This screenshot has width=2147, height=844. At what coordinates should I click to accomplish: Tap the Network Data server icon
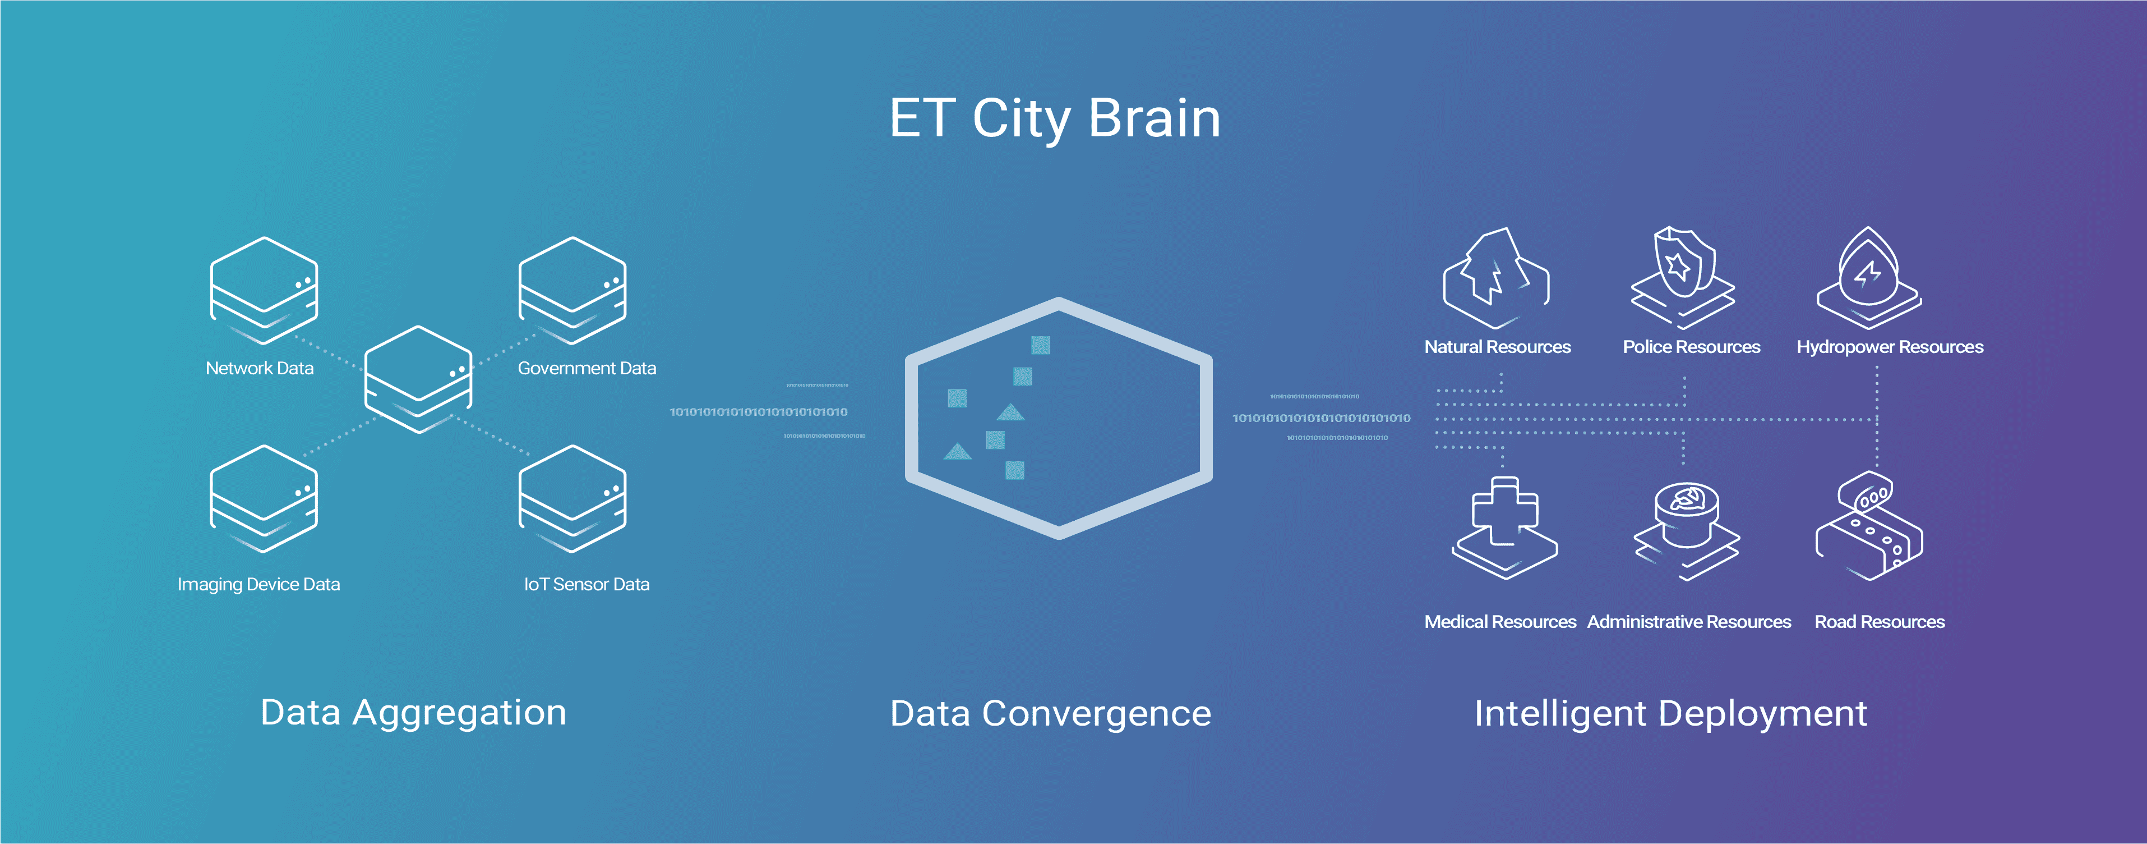(264, 290)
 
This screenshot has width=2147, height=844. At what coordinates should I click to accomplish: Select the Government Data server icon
(572, 290)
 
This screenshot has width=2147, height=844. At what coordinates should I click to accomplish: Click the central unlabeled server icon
(418, 379)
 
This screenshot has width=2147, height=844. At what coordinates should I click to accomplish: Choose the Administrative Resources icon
(1686, 530)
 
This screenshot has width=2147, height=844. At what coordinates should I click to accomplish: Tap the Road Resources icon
(1869, 525)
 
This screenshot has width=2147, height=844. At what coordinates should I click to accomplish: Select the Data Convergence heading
(1050, 714)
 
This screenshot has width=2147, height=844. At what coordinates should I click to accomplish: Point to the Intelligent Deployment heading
(1670, 714)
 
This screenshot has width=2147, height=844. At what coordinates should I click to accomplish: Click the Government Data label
(587, 368)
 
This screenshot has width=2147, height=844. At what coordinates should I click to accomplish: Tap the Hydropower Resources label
(1890, 347)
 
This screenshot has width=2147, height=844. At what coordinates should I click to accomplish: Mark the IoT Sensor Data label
(587, 584)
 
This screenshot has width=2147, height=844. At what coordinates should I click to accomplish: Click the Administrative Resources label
(1688, 621)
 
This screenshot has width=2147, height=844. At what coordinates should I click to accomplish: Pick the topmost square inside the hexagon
(1040, 345)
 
